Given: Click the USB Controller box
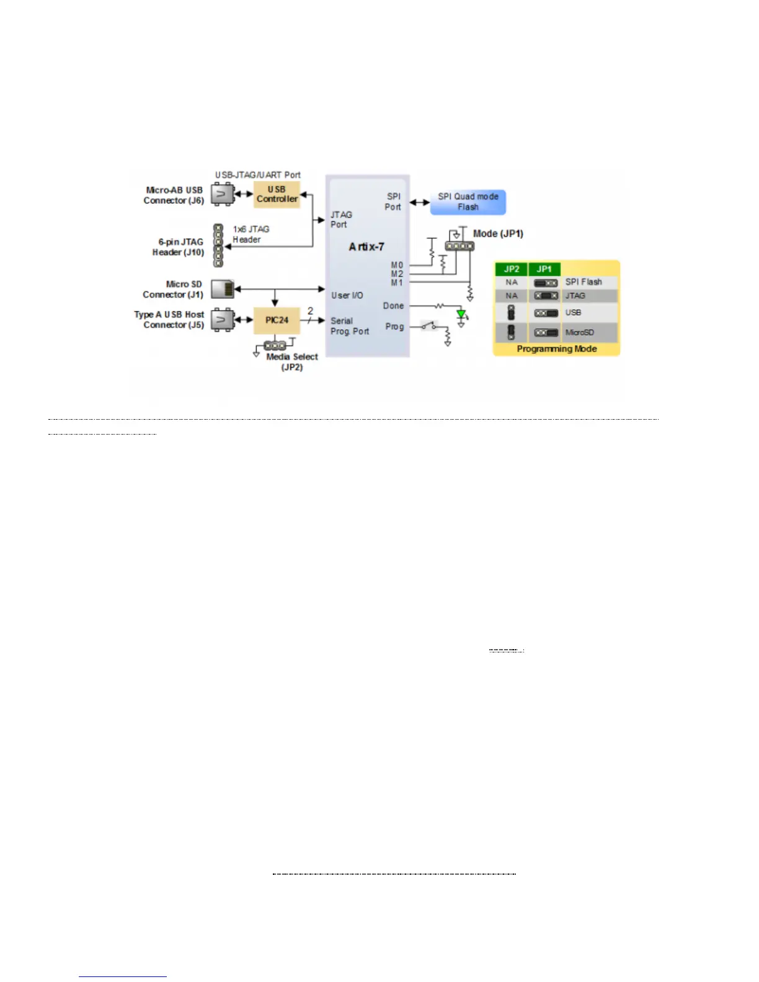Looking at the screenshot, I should (277, 194).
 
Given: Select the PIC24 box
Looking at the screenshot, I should (277, 320).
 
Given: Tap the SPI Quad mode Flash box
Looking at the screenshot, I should (468, 202).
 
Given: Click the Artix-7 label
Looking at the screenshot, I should (366, 247).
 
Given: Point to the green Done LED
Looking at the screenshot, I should (461, 314).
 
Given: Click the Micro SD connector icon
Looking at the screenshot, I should (223, 289).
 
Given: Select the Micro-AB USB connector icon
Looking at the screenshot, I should (222, 195).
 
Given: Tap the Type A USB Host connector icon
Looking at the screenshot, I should (222, 320).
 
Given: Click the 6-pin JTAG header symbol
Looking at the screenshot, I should (218, 245).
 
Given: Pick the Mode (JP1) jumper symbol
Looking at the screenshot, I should (459, 246).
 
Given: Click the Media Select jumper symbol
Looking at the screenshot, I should (275, 345).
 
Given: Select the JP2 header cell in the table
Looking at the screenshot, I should (511, 269).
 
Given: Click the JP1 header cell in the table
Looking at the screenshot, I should (544, 269).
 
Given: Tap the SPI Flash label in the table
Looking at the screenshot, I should (584, 282).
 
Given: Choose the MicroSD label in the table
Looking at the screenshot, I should (579, 332).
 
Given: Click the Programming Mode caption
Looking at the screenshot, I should (556, 349).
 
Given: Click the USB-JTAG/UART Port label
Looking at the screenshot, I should (257, 175).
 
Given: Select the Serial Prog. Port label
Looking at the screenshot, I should (349, 326).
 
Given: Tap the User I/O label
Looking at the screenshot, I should (347, 295).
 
